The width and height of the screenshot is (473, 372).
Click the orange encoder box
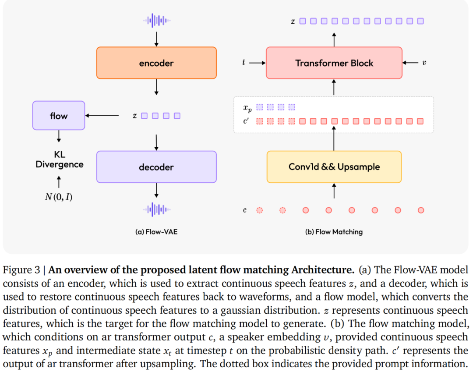click(x=156, y=63)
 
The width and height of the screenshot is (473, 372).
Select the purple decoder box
click(x=156, y=167)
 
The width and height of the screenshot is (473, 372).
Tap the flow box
click(x=59, y=116)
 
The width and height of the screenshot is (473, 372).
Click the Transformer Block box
click(x=334, y=63)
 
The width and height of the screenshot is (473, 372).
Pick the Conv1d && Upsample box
click(x=334, y=167)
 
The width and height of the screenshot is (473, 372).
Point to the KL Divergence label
click(x=60, y=159)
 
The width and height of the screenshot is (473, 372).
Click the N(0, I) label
click(x=59, y=197)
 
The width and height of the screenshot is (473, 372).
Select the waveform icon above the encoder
click(x=156, y=21)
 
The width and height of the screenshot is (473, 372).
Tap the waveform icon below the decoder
click(x=156, y=209)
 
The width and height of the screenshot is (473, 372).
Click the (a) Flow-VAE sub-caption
click(x=156, y=232)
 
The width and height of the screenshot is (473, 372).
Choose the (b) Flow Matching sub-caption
click(x=334, y=232)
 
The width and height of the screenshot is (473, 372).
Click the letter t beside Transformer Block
click(x=244, y=63)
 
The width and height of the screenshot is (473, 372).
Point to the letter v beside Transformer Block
click(x=424, y=63)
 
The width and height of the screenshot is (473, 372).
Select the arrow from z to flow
click(x=102, y=116)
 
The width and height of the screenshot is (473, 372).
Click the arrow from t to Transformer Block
click(x=258, y=63)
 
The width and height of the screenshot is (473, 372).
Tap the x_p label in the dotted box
click(x=247, y=108)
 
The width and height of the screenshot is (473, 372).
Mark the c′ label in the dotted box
click(x=246, y=121)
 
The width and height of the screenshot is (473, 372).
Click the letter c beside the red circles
click(x=245, y=210)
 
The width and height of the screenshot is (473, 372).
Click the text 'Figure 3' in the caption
click(x=21, y=270)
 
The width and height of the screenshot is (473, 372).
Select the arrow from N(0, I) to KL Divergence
click(x=59, y=182)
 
